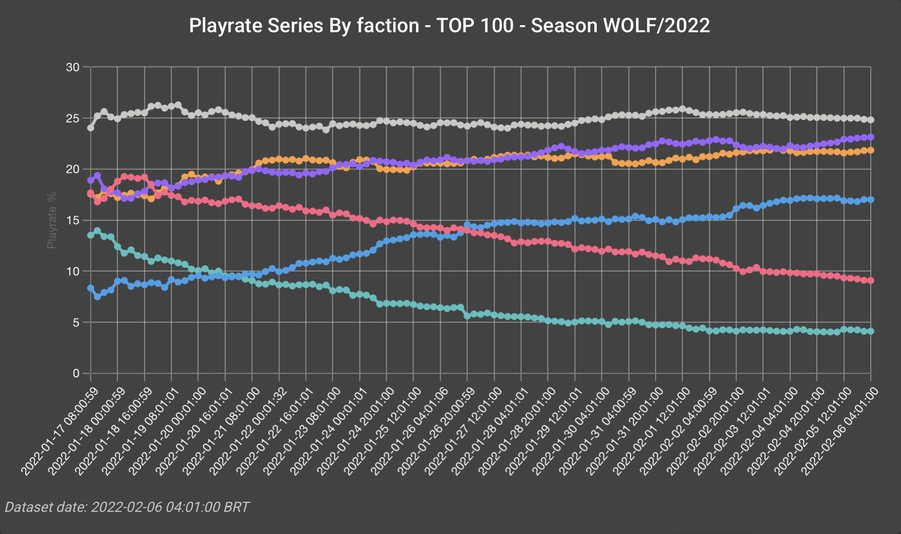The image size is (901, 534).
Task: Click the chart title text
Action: click(449, 26)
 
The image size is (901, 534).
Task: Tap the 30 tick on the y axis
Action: click(73, 68)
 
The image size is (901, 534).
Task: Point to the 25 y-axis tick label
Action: click(73, 118)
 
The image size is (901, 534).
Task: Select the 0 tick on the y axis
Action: click(76, 373)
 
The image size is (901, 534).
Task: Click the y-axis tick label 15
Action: click(73, 221)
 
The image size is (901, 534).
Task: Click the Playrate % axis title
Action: click(51, 220)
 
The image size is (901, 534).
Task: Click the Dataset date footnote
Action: click(127, 507)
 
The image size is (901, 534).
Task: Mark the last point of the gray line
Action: click(870, 120)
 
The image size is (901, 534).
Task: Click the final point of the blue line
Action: click(870, 199)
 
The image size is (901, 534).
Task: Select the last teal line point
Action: click(870, 331)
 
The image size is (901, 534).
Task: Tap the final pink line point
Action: click(870, 281)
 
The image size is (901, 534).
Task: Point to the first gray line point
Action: click(91, 128)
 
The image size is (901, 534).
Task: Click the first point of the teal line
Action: click(91, 235)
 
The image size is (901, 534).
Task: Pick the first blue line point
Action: click(91, 288)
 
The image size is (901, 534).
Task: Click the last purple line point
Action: click(870, 137)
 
